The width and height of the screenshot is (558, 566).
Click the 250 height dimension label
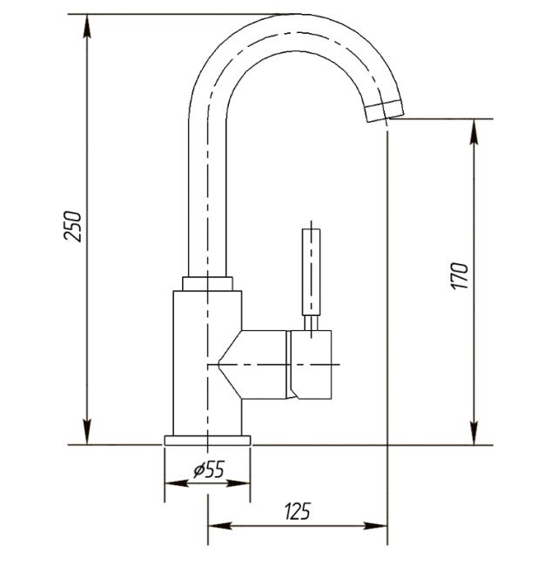[x=72, y=226]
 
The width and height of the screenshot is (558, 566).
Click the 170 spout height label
[x=459, y=276]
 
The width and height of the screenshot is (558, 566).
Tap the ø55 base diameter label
[x=209, y=469]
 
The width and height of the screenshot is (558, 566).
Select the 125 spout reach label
[x=298, y=511]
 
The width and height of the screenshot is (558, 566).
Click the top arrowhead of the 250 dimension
[x=87, y=26]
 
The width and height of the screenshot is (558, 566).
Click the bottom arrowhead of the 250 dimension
[x=87, y=433]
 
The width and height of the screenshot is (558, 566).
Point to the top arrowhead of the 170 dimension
[x=474, y=131]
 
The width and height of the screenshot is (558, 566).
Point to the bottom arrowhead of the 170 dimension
[x=474, y=433]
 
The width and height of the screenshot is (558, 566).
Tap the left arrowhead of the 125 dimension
[x=220, y=526]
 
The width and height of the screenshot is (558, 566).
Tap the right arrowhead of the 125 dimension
[x=375, y=526]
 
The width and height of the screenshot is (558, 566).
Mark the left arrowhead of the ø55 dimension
[x=177, y=483]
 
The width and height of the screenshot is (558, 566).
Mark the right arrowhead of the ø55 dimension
[x=239, y=483]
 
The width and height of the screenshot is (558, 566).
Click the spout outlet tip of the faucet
[x=385, y=111]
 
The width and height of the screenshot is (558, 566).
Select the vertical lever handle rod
[x=311, y=273]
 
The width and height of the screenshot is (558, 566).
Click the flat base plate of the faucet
[x=207, y=441]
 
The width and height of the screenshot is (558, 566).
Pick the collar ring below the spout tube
[x=207, y=284]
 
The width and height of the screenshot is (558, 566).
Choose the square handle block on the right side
[x=311, y=365]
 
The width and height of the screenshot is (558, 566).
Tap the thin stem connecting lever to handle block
[x=311, y=323]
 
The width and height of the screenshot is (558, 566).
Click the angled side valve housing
[x=253, y=365]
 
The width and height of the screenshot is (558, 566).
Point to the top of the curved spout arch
[x=296, y=15]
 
